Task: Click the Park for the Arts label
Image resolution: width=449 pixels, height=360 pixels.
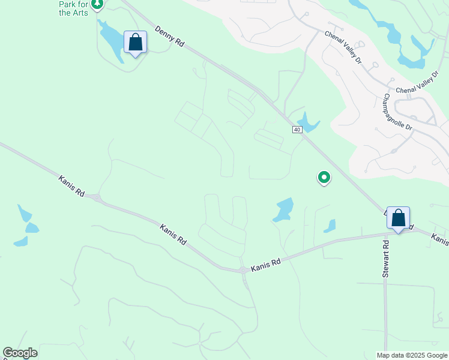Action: click(74, 8)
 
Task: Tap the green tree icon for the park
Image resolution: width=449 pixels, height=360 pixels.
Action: click(97, 4)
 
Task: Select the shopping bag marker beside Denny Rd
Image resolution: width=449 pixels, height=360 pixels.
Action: click(135, 43)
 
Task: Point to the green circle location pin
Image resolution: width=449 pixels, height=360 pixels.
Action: click(324, 177)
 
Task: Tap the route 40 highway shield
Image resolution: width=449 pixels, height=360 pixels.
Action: click(297, 130)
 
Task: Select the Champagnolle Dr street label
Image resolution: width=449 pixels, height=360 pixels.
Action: click(398, 112)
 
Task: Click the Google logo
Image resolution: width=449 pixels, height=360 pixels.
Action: click(20, 353)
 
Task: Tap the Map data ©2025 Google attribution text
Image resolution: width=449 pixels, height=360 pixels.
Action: click(411, 355)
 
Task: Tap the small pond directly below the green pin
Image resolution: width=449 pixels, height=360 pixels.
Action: click(330, 226)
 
